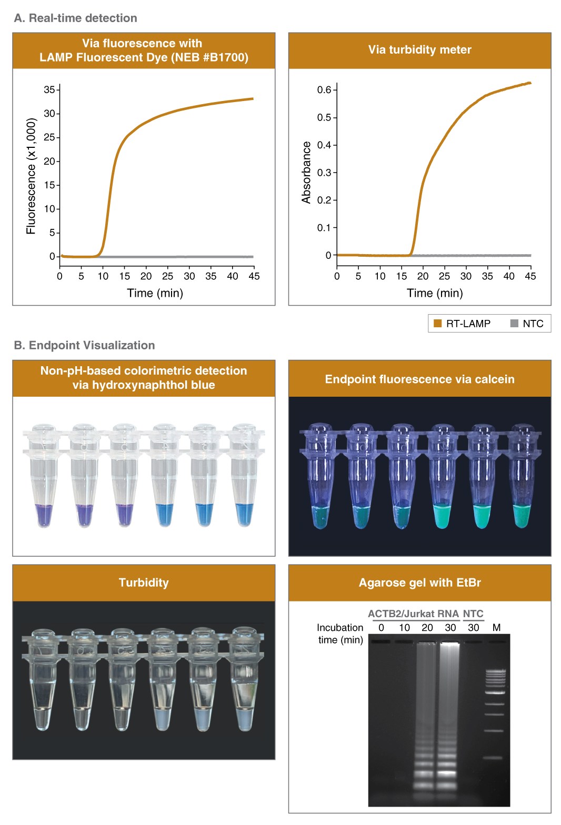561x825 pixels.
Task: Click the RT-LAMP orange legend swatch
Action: (x=437, y=324)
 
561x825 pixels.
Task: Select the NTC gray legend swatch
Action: (x=514, y=324)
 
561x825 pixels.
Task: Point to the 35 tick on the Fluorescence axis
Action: (x=49, y=89)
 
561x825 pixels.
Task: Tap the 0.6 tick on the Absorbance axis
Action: (x=324, y=90)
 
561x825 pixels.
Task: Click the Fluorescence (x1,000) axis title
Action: (x=31, y=176)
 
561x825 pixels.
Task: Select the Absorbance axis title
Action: (x=306, y=173)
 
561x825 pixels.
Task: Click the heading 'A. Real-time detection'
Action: (x=76, y=18)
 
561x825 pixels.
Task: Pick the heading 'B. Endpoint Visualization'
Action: (x=85, y=345)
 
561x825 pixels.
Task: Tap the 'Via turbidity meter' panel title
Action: (x=419, y=49)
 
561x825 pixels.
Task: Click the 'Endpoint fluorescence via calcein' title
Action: (x=419, y=379)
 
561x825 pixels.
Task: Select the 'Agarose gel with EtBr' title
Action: (x=419, y=582)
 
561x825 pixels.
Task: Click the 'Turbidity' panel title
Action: (x=144, y=582)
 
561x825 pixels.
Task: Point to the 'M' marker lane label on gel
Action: (x=496, y=627)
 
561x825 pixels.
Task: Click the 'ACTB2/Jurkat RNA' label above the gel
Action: (x=413, y=613)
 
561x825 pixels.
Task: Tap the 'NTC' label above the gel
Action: (x=473, y=613)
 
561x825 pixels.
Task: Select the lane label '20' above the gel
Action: (x=427, y=627)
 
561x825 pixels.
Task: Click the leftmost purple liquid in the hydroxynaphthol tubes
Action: (x=44, y=515)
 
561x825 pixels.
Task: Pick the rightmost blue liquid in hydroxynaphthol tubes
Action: (x=244, y=514)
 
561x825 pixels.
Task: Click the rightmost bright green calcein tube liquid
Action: (x=522, y=515)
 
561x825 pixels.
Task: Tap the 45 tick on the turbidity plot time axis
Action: (x=530, y=276)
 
